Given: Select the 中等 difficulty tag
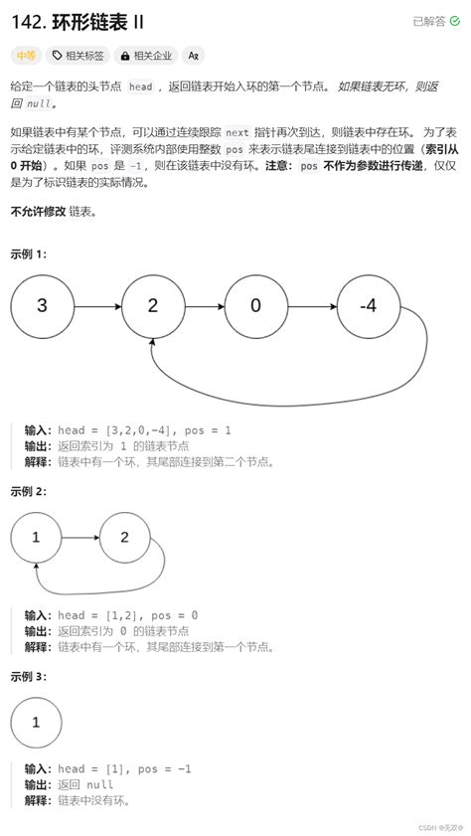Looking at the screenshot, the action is pos(25,56).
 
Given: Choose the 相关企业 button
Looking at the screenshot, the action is pos(144,56).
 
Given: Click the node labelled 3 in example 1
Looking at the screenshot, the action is pos(42,305).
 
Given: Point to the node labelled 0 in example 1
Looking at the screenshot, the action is pos(255,305).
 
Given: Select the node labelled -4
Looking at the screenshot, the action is pos(368,305).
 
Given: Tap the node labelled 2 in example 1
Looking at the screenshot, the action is pos(152,305).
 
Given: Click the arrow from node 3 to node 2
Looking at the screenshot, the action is pos(96,305).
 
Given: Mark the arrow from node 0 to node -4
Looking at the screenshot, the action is pos(311,305).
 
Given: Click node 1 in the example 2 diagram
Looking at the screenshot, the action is pos(36,537).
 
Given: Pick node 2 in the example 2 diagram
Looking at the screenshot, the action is pos(124,537).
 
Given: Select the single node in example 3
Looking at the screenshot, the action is pos(36,722).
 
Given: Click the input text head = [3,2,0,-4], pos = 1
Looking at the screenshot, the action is pos(144,429).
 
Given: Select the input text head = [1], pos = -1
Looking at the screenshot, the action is pos(124,768).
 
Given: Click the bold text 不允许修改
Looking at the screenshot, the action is pos(38,212).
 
